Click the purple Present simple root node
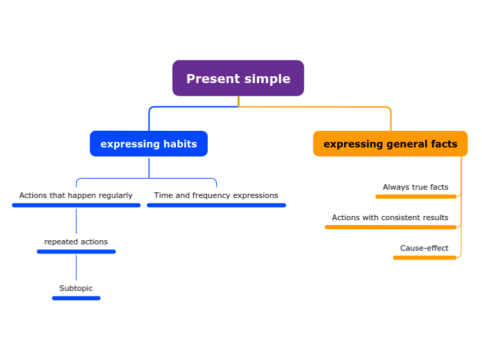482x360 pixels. [238, 78]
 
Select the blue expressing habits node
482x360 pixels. [148, 144]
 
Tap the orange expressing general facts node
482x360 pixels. [390, 144]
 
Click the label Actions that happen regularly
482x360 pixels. [75, 195]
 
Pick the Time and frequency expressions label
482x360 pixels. [216, 195]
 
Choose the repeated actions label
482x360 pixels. [76, 242]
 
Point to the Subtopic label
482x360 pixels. [76, 288]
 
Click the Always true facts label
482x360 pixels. [416, 187]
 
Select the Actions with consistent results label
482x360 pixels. [390, 217]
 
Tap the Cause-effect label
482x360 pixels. [424, 248]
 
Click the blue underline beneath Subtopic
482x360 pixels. [76, 298]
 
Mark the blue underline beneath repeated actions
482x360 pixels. [76, 251]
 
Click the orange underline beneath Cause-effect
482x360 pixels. [425, 258]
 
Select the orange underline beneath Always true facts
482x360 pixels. [416, 197]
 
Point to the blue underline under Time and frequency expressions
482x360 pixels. [216, 205]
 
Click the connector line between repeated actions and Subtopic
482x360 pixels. [76, 268]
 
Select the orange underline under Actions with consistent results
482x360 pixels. [390, 227]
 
